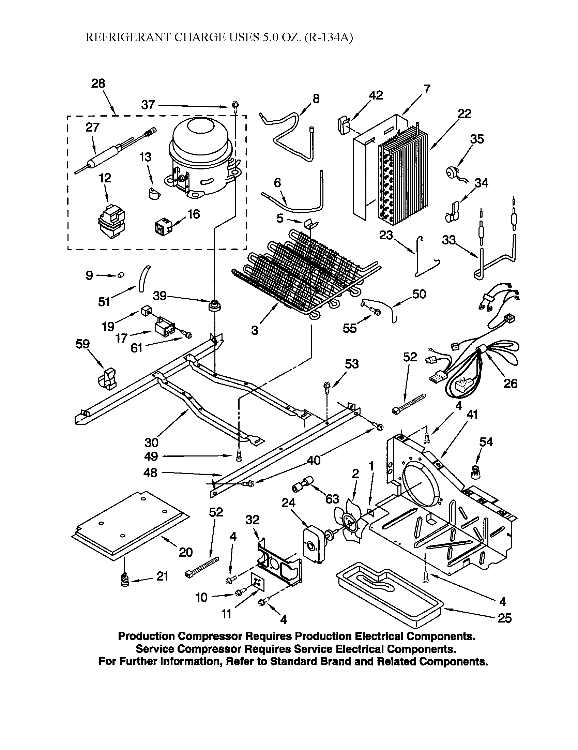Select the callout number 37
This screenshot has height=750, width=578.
pyautogui.click(x=148, y=105)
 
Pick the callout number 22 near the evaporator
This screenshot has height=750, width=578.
pyautogui.click(x=465, y=114)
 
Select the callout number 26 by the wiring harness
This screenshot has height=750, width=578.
pyautogui.click(x=510, y=384)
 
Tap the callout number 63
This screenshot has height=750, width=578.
pyautogui.click(x=332, y=499)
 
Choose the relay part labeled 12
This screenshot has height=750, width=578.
pyautogui.click(x=111, y=222)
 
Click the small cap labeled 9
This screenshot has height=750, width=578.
pyautogui.click(x=121, y=274)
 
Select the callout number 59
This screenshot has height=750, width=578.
pyautogui.click(x=82, y=344)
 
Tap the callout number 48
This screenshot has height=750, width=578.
pyautogui.click(x=151, y=473)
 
